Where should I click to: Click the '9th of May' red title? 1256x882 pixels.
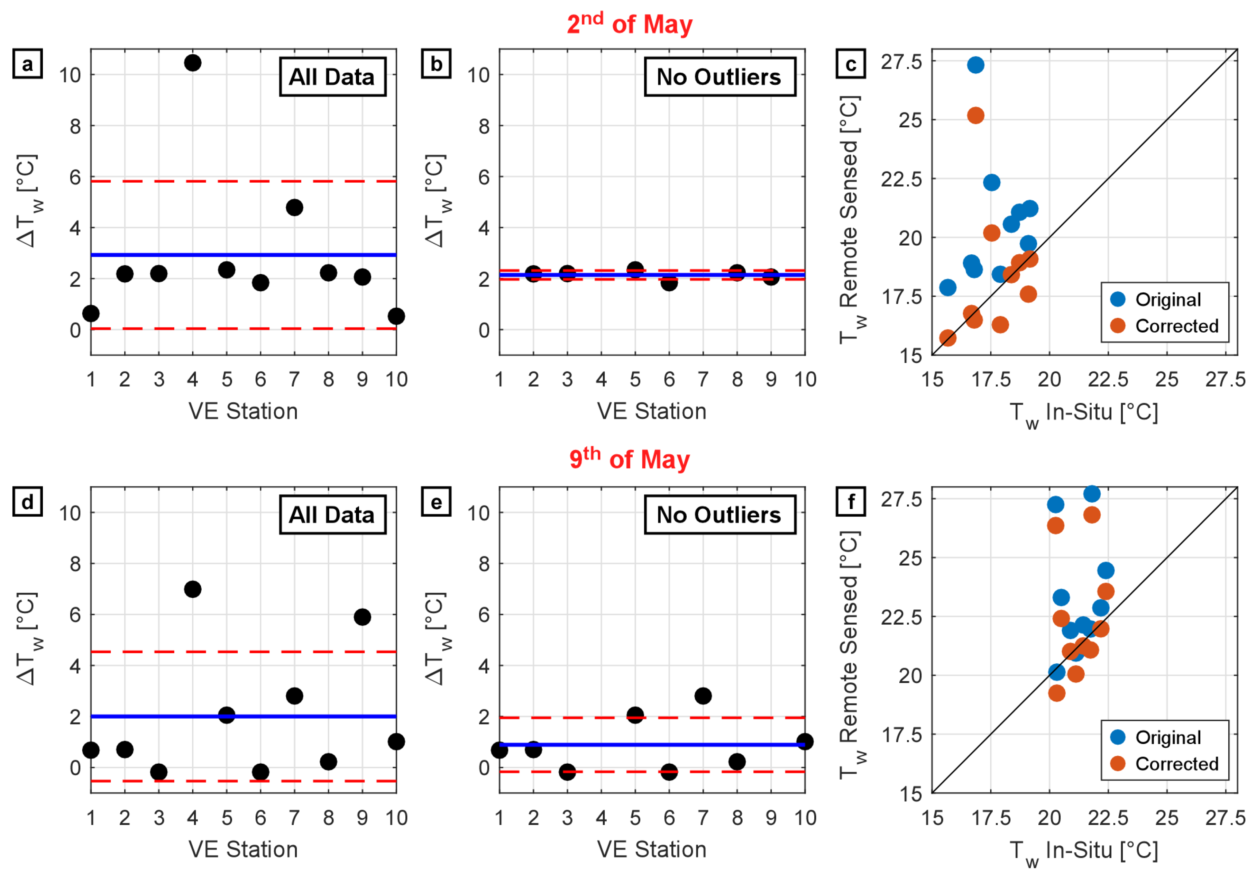click(630, 459)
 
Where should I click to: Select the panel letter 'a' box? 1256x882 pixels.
click(27, 64)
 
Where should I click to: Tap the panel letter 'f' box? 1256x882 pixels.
click(851, 502)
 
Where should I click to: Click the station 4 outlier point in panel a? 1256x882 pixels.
click(193, 63)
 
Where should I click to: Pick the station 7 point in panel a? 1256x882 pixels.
click(294, 207)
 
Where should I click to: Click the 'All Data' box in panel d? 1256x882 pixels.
click(333, 515)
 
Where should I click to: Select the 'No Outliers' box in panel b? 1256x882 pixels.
click(720, 76)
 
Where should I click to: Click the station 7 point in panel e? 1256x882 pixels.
click(703, 696)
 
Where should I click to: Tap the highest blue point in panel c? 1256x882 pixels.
click(975, 65)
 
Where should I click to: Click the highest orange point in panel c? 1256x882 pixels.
click(975, 116)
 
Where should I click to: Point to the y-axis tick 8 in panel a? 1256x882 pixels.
click(75, 126)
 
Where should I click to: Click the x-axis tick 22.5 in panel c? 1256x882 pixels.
click(1108, 380)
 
